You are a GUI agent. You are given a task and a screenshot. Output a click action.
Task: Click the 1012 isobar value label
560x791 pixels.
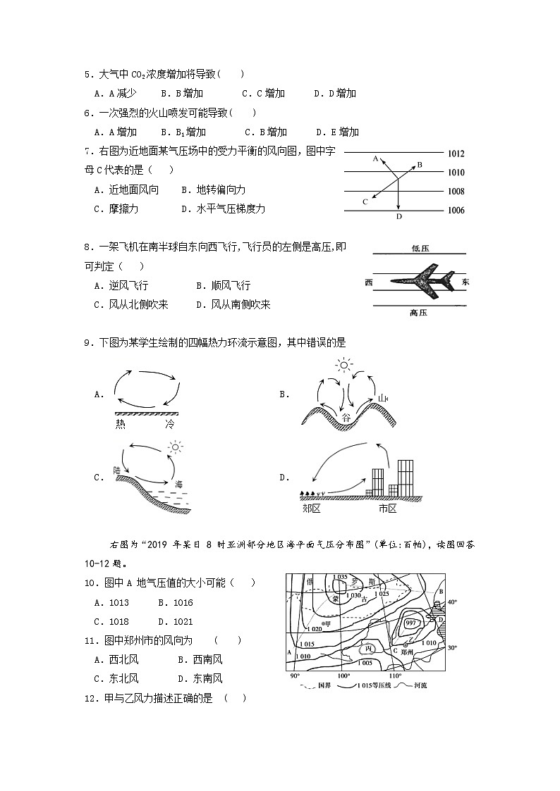pyautogui.click(x=456, y=154)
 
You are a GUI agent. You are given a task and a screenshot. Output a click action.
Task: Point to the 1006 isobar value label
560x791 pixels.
pyautogui.click(x=456, y=211)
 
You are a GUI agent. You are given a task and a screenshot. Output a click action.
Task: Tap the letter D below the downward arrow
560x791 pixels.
pyautogui.click(x=398, y=217)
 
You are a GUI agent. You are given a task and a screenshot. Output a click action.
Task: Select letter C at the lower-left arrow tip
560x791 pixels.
pyautogui.click(x=365, y=202)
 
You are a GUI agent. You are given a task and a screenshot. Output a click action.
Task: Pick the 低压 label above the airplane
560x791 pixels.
pyautogui.click(x=420, y=248)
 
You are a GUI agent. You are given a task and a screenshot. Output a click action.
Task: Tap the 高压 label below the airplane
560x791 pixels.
pyautogui.click(x=419, y=313)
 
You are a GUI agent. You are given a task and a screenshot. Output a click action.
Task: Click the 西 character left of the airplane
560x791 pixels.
pyautogui.click(x=369, y=282)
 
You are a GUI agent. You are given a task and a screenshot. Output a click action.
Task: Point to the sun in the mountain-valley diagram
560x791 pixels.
pyautogui.click(x=343, y=365)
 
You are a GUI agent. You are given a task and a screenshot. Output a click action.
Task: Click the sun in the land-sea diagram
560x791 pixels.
pyautogui.click(x=174, y=447)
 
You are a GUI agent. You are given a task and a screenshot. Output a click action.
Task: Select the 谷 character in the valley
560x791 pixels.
pyautogui.click(x=346, y=418)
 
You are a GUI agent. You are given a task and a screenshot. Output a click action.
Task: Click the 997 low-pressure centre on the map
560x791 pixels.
pyautogui.click(x=410, y=623)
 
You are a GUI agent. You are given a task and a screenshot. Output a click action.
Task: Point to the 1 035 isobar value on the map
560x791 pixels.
pyautogui.click(x=341, y=578)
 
